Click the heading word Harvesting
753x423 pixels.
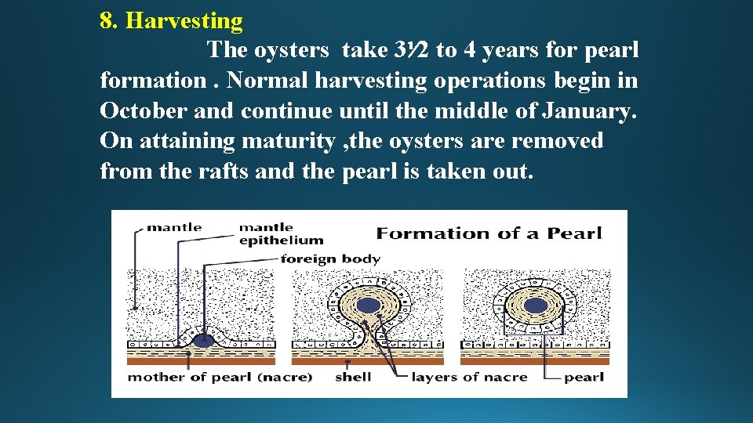[184, 20]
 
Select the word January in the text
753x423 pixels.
[584, 110]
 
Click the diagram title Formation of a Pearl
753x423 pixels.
[489, 233]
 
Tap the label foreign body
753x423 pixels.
[330, 258]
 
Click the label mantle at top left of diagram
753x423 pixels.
[174, 227]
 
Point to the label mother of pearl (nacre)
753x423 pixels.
[220, 377]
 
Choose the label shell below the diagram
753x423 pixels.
[353, 377]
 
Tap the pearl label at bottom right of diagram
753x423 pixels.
[584, 377]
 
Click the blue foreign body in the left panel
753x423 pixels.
[204, 340]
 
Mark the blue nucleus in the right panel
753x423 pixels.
[536, 305]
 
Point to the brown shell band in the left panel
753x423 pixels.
[202, 360]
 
